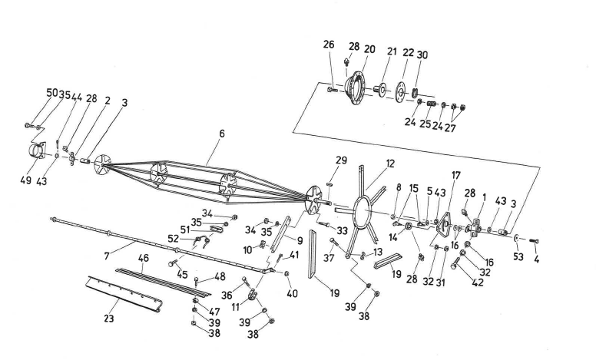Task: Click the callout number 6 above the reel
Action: pyautogui.click(x=221, y=133)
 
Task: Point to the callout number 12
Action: pyautogui.click(x=390, y=163)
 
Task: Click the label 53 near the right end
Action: pyautogui.click(x=518, y=257)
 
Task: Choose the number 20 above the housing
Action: pyautogui.click(x=369, y=49)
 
